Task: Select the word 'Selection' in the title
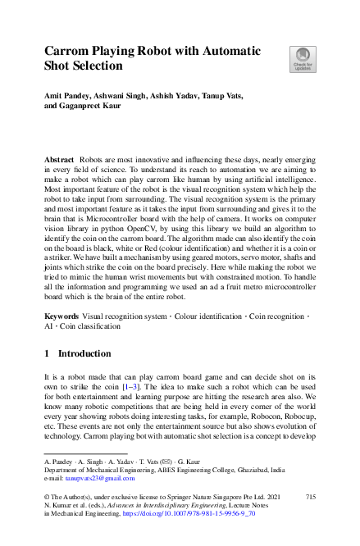coord(94,65)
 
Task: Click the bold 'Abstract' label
coord(61,156)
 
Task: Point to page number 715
coord(310,498)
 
